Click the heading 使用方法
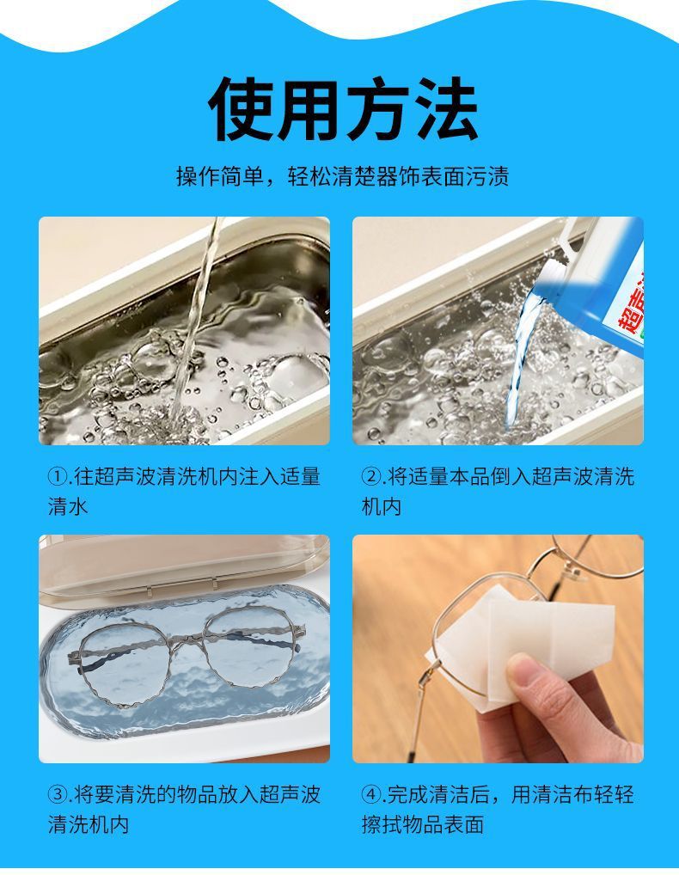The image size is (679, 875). [342, 109]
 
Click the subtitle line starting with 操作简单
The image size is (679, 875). [342, 176]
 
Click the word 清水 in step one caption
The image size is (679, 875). [68, 506]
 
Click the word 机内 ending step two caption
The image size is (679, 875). [381, 506]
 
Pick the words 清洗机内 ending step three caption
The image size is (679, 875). [89, 824]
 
